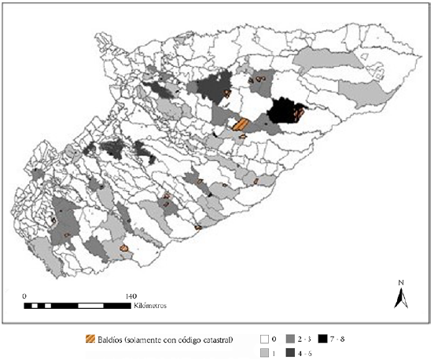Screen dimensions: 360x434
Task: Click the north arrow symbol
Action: (x=400, y=298)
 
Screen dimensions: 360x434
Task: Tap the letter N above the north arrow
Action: (x=400, y=283)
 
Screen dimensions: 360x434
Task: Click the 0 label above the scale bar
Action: (x=25, y=296)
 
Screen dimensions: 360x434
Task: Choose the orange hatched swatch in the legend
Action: (x=89, y=340)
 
